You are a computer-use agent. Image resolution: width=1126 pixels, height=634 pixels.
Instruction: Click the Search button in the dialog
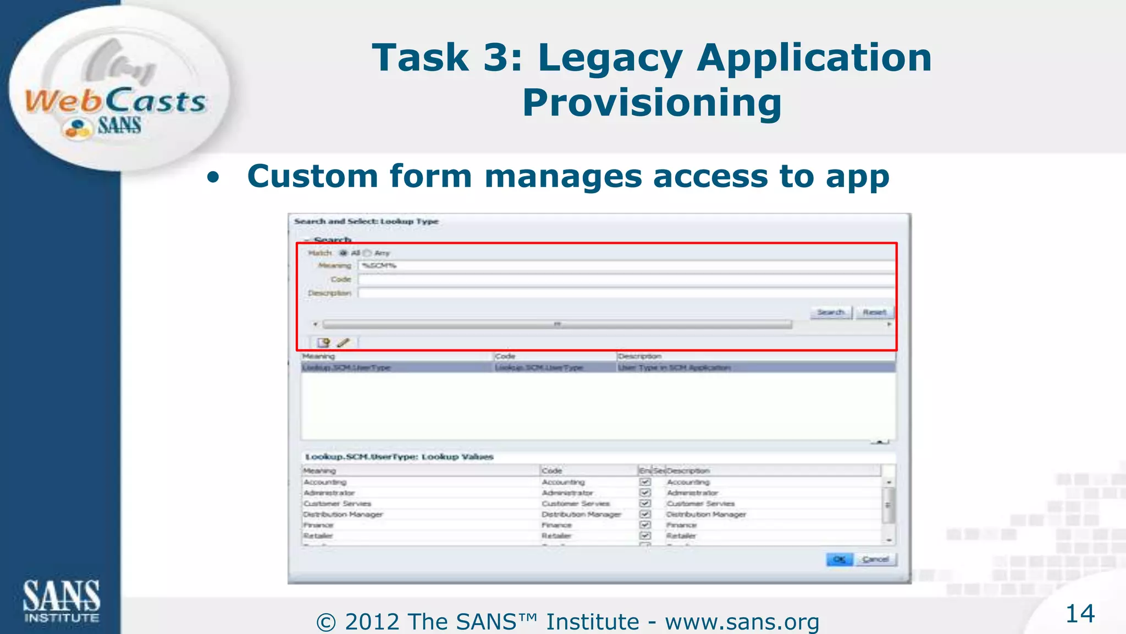[x=830, y=313]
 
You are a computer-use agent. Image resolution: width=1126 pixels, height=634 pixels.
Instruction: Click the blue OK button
[x=839, y=560]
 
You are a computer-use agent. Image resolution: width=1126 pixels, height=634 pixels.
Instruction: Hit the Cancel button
[x=875, y=560]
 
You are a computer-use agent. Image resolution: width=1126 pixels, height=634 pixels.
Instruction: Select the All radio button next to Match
[x=344, y=253]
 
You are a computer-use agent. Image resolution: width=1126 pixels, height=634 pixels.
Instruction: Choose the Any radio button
[x=367, y=253]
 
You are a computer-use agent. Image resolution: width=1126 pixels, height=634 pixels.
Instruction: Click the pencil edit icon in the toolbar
[x=343, y=343]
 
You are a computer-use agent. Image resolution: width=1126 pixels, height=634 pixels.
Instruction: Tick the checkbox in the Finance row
[x=645, y=525]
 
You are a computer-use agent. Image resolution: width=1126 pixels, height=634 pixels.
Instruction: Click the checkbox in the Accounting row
[x=645, y=482]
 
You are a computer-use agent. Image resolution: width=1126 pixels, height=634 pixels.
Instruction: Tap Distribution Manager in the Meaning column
[x=343, y=515]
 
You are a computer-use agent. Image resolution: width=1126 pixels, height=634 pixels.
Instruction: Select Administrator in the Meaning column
[x=329, y=493]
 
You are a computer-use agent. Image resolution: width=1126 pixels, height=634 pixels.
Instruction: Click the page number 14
[x=1080, y=614]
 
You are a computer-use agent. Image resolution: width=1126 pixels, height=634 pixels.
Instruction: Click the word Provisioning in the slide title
[x=652, y=103]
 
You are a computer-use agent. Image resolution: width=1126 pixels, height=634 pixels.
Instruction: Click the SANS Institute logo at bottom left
[x=61, y=601]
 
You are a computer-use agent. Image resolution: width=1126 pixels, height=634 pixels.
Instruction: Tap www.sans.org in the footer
[x=742, y=622]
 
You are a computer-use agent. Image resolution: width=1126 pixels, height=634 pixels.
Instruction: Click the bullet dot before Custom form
[x=213, y=178]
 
